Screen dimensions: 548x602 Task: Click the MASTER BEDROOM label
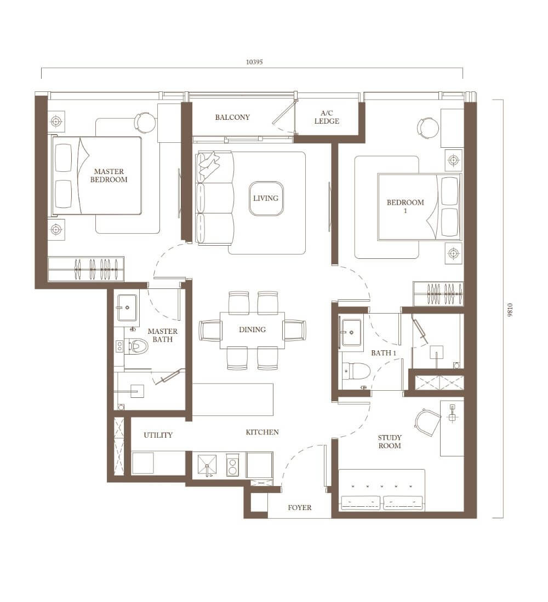[x=109, y=176]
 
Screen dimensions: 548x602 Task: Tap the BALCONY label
[x=232, y=117]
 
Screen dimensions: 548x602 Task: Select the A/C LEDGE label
[x=327, y=117]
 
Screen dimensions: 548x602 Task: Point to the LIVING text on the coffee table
[x=266, y=198]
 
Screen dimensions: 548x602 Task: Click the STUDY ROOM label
[x=390, y=442]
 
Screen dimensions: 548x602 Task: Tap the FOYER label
[x=300, y=507]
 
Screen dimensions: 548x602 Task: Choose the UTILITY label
[x=158, y=435]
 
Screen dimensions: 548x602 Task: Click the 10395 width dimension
[x=254, y=62]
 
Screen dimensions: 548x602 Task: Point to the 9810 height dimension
[x=510, y=309]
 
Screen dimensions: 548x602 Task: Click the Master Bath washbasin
[x=127, y=307]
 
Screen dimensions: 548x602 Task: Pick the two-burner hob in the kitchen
[x=232, y=465]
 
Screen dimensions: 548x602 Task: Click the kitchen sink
[x=207, y=465]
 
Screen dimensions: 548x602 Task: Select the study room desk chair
[x=427, y=422]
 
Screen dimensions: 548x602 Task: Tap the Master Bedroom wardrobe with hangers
[x=86, y=269]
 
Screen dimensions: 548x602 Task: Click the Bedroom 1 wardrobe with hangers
[x=438, y=294]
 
